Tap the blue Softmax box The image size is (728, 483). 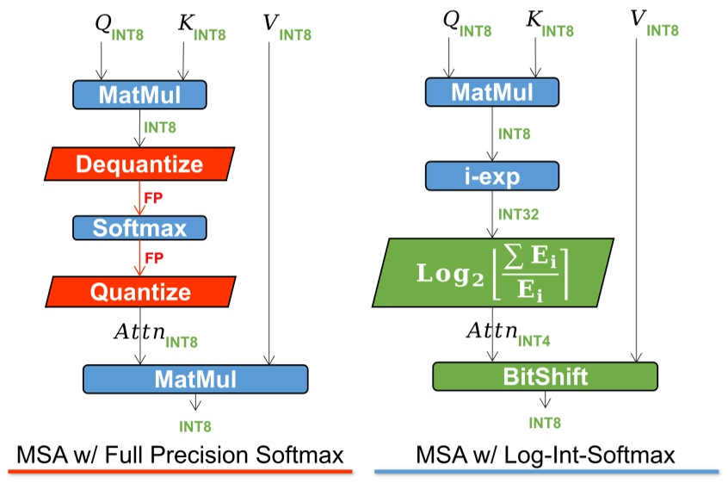tap(139, 227)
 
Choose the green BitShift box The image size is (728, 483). tap(544, 377)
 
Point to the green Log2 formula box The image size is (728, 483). tap(493, 273)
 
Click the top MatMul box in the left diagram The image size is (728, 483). tap(139, 95)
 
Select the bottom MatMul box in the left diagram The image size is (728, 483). tap(194, 379)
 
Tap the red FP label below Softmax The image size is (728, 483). tap(153, 258)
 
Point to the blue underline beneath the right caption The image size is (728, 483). tap(546, 472)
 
